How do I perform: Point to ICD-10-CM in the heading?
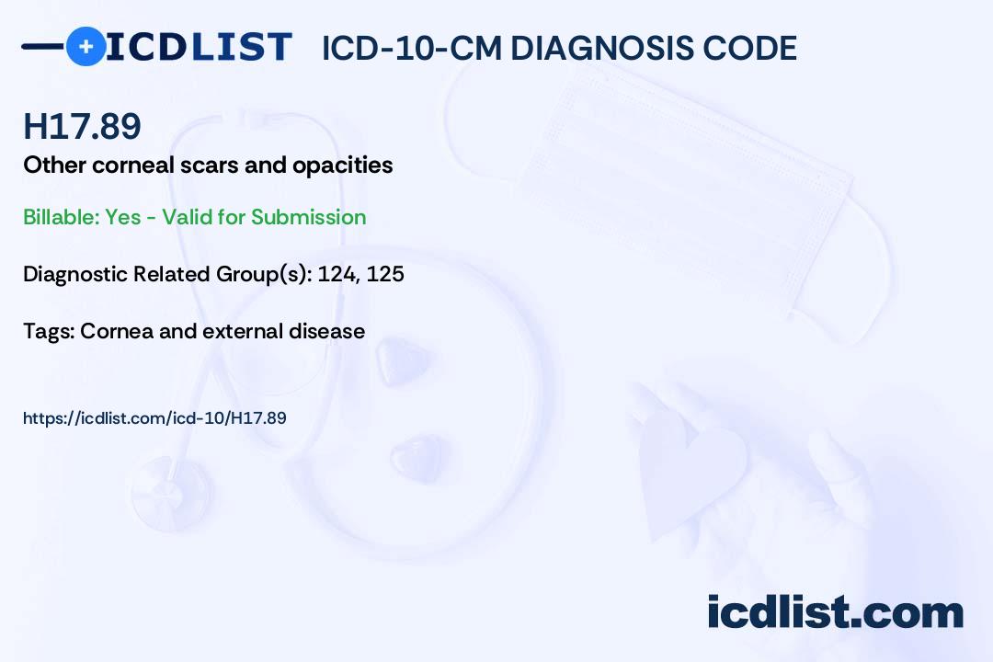pyautogui.click(x=411, y=49)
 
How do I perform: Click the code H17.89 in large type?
pyautogui.click(x=82, y=127)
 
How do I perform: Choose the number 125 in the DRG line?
pyautogui.click(x=385, y=274)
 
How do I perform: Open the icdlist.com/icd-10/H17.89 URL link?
pyautogui.click(x=154, y=418)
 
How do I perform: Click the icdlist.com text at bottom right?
pyautogui.click(x=835, y=612)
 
